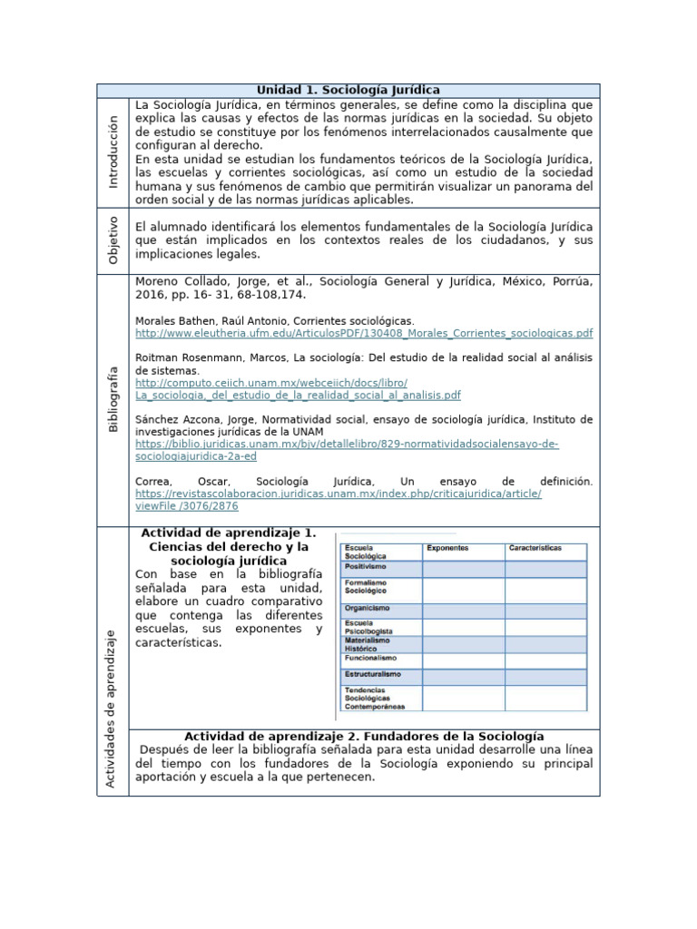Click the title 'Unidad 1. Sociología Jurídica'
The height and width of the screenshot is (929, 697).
[x=348, y=90]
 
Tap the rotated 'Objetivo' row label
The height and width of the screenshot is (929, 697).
[x=113, y=240]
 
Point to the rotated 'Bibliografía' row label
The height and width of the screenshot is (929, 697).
[x=113, y=398]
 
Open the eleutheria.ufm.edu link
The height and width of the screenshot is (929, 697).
[x=363, y=333]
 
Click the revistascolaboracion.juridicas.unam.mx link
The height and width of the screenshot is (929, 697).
[x=338, y=494]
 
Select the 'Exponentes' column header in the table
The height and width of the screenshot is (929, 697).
[x=447, y=549]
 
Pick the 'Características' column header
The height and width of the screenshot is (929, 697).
[x=535, y=549]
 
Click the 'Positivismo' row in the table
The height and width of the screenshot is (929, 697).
[x=366, y=566]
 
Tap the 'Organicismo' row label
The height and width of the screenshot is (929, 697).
[x=367, y=608]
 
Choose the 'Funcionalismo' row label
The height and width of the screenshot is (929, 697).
[x=369, y=658]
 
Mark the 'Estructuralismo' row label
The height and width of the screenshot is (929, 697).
[x=371, y=675]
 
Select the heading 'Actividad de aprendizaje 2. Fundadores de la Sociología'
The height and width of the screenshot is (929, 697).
[x=364, y=736]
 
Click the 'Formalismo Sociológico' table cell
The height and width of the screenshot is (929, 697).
[x=365, y=586]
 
